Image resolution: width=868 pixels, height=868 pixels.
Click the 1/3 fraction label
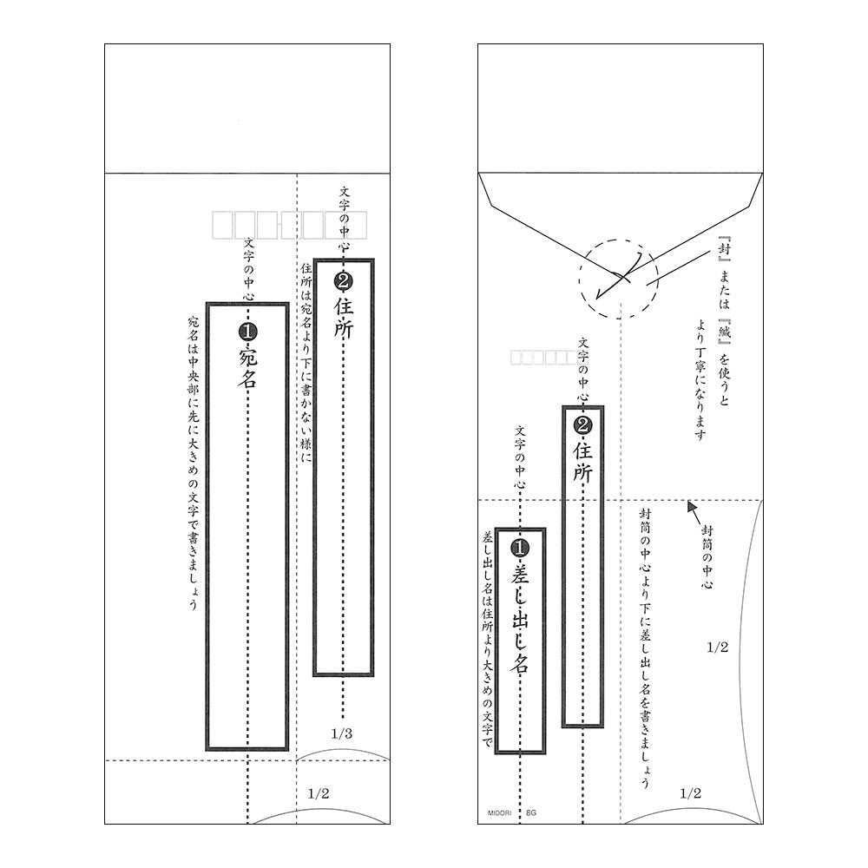341,733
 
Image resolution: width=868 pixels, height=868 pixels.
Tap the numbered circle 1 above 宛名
247,332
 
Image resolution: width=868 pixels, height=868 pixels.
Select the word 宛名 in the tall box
247,367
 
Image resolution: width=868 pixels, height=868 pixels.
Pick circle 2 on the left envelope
343,281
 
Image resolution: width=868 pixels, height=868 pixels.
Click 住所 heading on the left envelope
343,317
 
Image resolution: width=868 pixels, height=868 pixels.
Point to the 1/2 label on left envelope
319,793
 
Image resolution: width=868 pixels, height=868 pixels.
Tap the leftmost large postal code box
222,225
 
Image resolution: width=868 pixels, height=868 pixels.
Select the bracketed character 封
724,249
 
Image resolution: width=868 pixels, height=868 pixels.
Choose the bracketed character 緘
724,332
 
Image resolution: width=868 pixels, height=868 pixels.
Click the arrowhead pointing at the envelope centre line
692,506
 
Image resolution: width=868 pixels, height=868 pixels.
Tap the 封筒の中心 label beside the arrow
707,556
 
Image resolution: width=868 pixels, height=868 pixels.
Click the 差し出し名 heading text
519,618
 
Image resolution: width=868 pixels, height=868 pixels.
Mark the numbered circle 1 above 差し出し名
519,548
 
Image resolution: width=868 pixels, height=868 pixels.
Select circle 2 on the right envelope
583,425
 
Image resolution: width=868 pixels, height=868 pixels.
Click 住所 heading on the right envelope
583,461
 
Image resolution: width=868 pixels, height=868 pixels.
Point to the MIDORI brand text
499,812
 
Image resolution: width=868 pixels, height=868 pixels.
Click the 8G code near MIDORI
531,812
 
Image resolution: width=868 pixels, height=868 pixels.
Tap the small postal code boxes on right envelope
545,357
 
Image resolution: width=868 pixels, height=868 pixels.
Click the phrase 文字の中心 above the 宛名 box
248,269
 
